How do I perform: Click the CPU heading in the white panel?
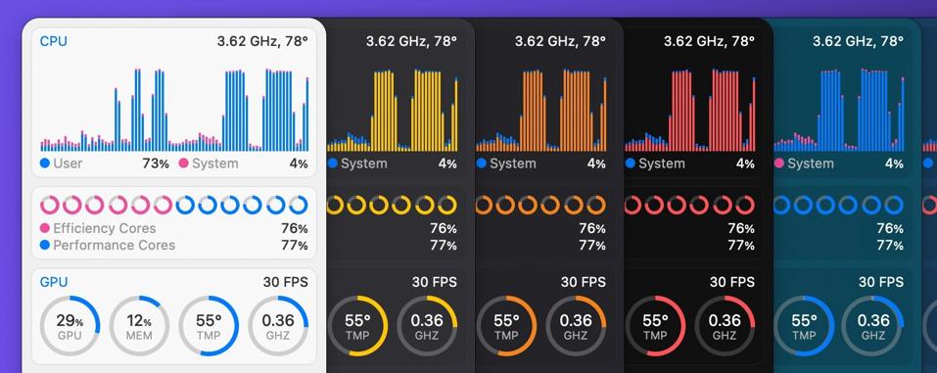(x=53, y=41)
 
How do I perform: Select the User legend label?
(x=68, y=163)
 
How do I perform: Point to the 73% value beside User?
(x=156, y=163)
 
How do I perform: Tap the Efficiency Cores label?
(x=105, y=228)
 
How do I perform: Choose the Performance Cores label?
(x=115, y=245)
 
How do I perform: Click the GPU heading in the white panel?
(x=54, y=282)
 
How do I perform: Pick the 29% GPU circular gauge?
(x=70, y=325)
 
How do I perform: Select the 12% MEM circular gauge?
(x=139, y=325)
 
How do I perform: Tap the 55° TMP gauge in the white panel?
(x=209, y=325)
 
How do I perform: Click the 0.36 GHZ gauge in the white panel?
(x=278, y=325)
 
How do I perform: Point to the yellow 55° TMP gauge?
(x=357, y=325)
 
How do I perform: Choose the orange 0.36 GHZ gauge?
(x=576, y=325)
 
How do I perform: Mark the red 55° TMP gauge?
(x=655, y=325)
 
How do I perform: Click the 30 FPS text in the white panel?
(x=285, y=282)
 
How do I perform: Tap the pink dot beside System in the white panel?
(x=183, y=163)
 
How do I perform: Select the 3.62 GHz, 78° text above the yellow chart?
(x=411, y=41)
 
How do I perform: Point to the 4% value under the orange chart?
(x=596, y=163)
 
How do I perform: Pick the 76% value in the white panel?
(x=295, y=228)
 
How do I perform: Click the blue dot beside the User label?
(x=45, y=163)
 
